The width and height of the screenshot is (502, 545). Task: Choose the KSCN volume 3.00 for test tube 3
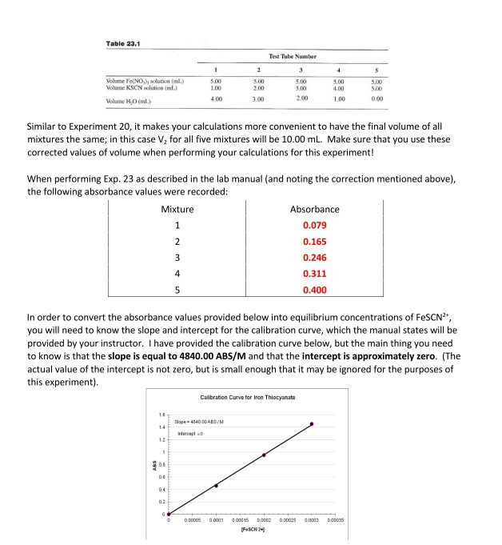293,86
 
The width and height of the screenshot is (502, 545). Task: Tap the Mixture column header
177,209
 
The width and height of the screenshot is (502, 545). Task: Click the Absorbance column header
315,209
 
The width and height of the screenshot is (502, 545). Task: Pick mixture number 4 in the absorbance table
177,275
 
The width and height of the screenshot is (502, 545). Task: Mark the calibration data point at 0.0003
312,423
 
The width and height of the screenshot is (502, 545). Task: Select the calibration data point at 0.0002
264,455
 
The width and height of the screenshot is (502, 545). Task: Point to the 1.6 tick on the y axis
160,414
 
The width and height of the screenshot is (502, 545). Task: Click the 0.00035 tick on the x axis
335,521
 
